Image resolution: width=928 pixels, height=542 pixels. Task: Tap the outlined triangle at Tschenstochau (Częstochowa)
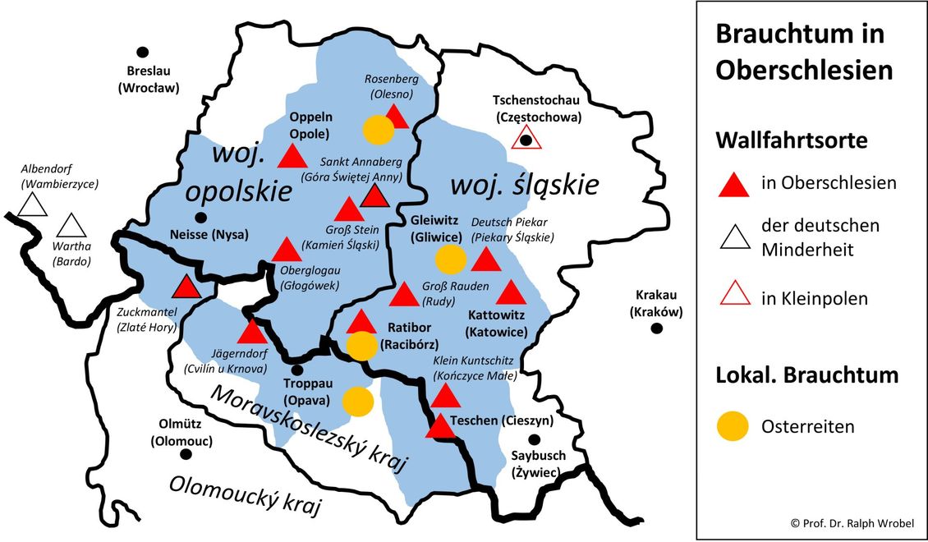click(x=526, y=138)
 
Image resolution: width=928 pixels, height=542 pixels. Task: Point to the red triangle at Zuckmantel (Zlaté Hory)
click(x=186, y=287)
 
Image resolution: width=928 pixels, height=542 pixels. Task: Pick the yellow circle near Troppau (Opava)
click(x=356, y=402)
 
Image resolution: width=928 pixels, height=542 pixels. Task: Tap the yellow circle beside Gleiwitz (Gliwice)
click(x=450, y=259)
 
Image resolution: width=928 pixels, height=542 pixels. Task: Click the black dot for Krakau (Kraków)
click(x=656, y=328)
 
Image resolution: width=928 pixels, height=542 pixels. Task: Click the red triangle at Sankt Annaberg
click(x=374, y=195)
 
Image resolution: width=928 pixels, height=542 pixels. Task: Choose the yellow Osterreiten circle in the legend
click(x=733, y=426)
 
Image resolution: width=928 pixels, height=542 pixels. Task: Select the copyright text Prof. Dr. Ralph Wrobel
click(x=852, y=523)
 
